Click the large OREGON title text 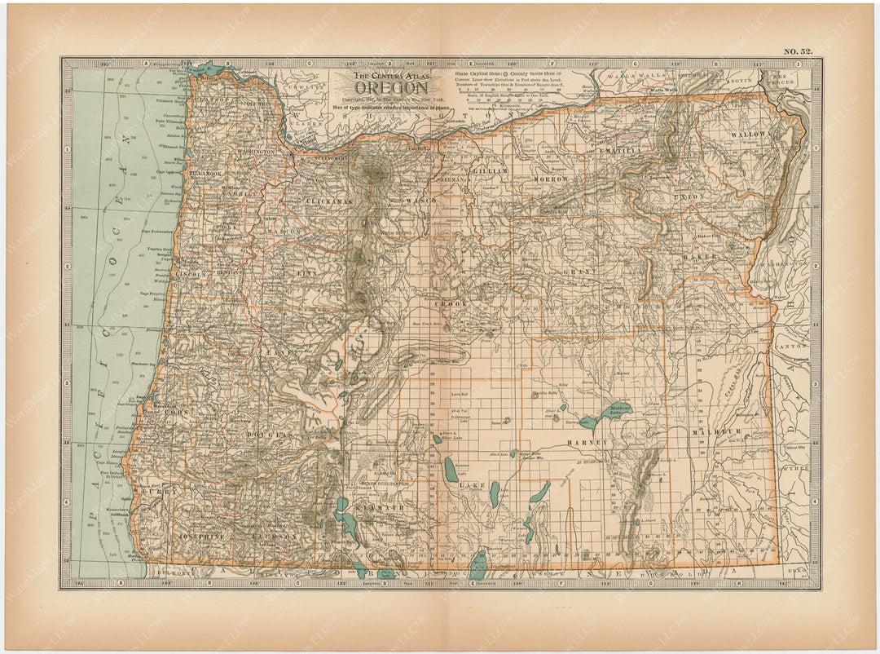pyautogui.click(x=390, y=88)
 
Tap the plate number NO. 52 pyautogui.click(x=798, y=51)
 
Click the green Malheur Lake pyautogui.click(x=618, y=412)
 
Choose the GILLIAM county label pyautogui.click(x=492, y=171)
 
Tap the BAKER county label pyautogui.click(x=706, y=256)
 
